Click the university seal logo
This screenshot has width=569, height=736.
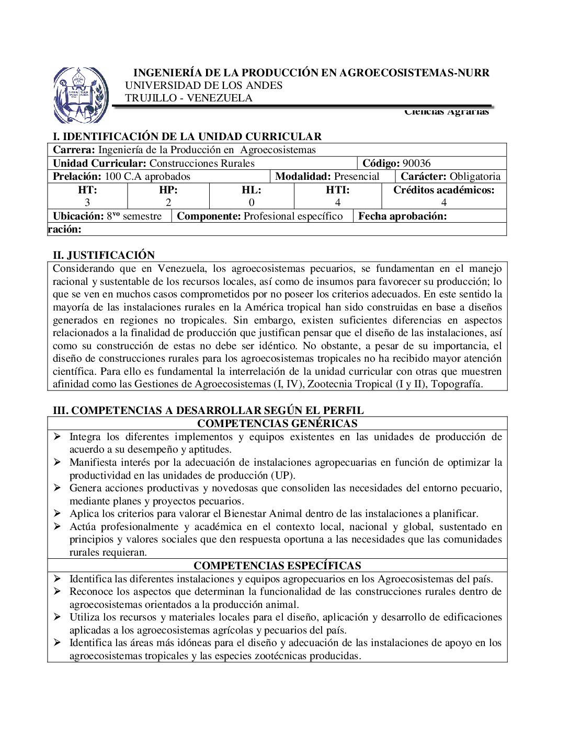point(81,95)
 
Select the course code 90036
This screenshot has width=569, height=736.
point(416,163)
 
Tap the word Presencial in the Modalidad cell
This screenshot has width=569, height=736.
point(357,176)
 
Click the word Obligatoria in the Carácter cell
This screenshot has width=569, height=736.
point(475,176)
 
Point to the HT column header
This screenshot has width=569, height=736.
point(87,190)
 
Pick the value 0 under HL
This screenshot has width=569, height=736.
point(252,202)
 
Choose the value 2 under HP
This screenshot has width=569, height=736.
point(168,202)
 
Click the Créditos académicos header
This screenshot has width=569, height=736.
point(443,190)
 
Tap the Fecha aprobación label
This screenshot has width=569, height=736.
point(402,216)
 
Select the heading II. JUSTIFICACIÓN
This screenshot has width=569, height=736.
point(104,255)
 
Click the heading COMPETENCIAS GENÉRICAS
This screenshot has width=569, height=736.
point(277,423)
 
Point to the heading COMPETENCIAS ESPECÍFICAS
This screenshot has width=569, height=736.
point(277,566)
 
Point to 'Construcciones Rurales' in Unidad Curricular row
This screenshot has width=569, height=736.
point(202,163)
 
